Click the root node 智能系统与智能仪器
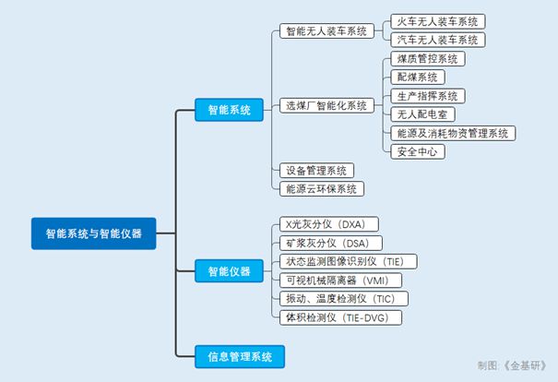tap(92, 233)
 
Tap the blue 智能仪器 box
tap(229, 270)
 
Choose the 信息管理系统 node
tap(239, 355)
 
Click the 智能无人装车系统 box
tap(325, 31)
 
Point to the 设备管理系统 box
tap(316, 170)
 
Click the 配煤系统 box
tap(416, 78)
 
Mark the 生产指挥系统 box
tap(425, 96)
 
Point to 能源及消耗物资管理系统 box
tap(451, 133)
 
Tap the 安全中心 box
tap(416, 151)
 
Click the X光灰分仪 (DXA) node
tap(327, 224)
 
